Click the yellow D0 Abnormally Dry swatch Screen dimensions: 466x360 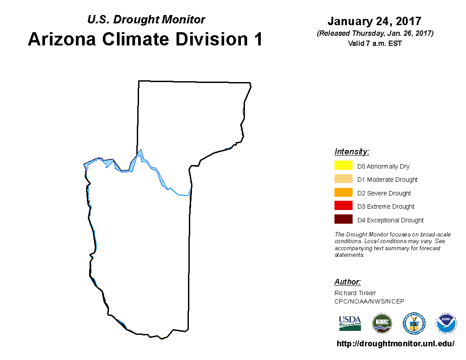(343, 165)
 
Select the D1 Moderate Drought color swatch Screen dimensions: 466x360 (343, 179)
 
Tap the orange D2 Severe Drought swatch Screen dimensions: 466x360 (343, 192)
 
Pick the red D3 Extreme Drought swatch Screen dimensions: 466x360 (343, 206)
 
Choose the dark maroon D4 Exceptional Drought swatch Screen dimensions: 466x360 (343, 219)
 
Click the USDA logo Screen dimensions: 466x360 (350, 323)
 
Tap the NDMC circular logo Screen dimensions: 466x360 (382, 323)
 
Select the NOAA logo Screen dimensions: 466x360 (446, 323)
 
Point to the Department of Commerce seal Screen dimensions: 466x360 (414, 323)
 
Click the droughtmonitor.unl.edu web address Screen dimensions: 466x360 (395, 344)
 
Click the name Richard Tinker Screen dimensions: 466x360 (355, 293)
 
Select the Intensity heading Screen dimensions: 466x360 (352, 151)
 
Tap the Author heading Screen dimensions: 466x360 (347, 281)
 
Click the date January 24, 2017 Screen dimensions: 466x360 (375, 21)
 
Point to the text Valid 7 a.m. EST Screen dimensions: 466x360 (375, 43)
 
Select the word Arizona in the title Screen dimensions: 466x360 (62, 39)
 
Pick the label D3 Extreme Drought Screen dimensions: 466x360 (386, 206)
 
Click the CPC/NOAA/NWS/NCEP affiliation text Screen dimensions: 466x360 (369, 301)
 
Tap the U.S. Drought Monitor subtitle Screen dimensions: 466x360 (146, 19)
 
